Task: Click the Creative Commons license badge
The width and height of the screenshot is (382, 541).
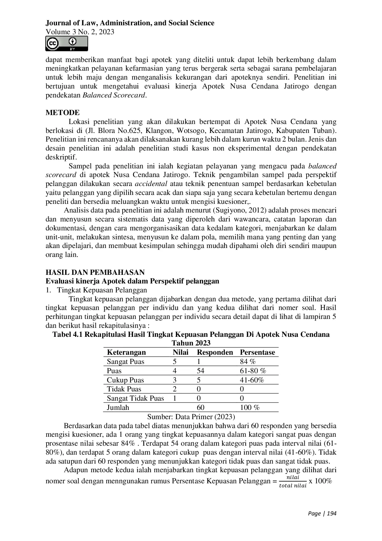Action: coord(67,43)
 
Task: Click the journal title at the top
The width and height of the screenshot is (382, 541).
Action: coord(130,23)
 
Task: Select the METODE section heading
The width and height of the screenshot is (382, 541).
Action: coord(63,113)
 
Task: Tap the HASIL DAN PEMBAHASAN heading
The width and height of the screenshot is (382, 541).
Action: coord(95,272)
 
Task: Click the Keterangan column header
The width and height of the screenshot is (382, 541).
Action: coord(126,352)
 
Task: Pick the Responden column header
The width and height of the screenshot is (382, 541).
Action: coord(215,352)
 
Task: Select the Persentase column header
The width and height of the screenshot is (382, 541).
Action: coord(257,352)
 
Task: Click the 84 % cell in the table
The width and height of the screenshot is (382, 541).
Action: coord(248,361)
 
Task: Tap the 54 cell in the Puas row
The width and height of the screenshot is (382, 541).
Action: coord(200,371)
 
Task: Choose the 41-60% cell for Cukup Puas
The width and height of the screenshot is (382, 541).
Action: coord(252,380)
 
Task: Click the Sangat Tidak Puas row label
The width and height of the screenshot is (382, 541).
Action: coord(135,398)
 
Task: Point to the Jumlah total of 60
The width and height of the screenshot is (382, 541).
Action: coord(200,407)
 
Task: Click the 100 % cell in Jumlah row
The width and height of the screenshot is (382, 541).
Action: coord(250,407)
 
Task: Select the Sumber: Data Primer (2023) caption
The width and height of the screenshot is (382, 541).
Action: coord(191,417)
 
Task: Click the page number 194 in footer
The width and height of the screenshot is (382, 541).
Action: coord(331,514)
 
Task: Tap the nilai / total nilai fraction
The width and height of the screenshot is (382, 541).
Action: coord(292,481)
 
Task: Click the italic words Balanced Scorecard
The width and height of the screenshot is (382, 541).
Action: coord(114,95)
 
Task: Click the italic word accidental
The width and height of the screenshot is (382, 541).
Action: coord(151,184)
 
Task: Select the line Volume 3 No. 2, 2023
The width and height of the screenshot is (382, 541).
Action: coord(80,32)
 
